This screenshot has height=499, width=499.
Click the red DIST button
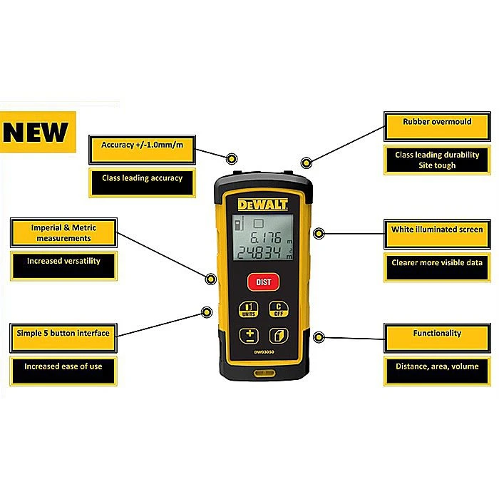coord(263,282)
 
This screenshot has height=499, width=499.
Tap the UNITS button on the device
coord(249,309)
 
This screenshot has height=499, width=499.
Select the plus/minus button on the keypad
coord(249,336)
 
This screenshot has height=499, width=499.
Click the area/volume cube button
coord(279,336)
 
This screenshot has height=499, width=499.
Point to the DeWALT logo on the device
coord(262,205)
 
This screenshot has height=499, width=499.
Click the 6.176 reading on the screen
coord(266,237)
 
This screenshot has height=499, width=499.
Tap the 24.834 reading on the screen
coord(259,252)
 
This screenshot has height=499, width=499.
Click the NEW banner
coord(38,132)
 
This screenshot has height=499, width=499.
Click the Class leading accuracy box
coord(142,183)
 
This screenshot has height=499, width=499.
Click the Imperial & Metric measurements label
coord(63,232)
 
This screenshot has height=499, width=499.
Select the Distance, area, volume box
coord(437,371)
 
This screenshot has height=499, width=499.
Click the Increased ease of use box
coord(63,371)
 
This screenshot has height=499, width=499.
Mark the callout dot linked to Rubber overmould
coord(306,163)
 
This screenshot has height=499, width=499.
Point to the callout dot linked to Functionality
coord(319,337)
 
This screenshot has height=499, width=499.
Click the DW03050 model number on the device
coord(264,352)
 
